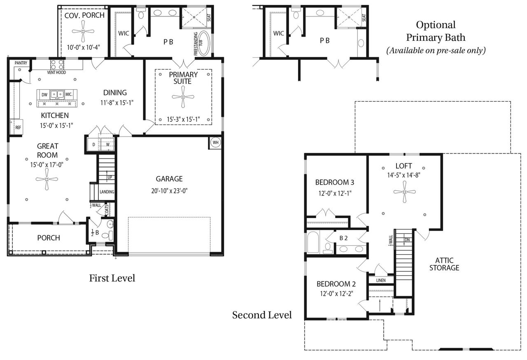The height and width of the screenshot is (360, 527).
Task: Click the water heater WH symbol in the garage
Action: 215,142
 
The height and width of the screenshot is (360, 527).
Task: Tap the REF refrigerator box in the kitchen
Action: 16,127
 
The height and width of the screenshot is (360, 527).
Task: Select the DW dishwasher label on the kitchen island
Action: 44,95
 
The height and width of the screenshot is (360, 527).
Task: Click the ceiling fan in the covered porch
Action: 83,31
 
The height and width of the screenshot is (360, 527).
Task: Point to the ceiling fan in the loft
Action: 405,192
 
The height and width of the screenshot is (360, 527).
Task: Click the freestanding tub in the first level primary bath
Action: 204,43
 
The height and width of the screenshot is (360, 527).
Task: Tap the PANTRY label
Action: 21,63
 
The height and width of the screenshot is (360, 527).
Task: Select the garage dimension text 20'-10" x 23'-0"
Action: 169,191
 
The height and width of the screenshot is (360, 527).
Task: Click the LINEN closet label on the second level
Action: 381,280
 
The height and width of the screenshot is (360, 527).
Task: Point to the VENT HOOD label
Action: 56,72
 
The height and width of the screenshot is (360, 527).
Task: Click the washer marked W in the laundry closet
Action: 108,144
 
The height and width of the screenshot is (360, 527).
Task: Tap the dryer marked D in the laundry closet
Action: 93,144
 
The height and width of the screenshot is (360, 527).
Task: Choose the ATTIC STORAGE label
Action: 444,264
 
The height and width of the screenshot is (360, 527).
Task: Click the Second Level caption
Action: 262,315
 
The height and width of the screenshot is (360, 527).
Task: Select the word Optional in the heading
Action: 436,25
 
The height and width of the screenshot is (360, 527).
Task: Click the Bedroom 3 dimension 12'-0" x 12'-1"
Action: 335,193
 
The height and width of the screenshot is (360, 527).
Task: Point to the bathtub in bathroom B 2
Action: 313,242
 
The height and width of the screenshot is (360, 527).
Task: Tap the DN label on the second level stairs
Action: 407,239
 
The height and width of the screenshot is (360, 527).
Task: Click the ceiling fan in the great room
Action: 47,179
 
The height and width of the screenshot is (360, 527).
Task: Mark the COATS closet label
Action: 106,210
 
